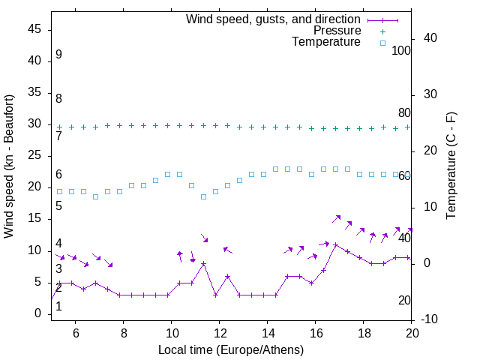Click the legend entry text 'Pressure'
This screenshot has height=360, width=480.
coord(337,31)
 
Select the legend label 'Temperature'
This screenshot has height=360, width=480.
coord(326,42)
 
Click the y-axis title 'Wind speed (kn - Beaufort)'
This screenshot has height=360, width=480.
coord(9,166)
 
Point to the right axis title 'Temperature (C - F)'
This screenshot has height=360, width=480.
coord(451,166)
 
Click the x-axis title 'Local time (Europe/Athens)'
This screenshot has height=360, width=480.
coord(232,350)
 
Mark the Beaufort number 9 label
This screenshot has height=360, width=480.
coord(58,55)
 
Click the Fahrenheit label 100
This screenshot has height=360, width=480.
coord(401,51)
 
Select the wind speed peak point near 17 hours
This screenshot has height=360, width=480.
coord(335,244)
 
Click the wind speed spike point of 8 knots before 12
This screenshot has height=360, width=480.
coord(203,263)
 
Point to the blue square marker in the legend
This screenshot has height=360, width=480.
coord(382,43)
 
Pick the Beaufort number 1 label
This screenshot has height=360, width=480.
coord(58,306)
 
